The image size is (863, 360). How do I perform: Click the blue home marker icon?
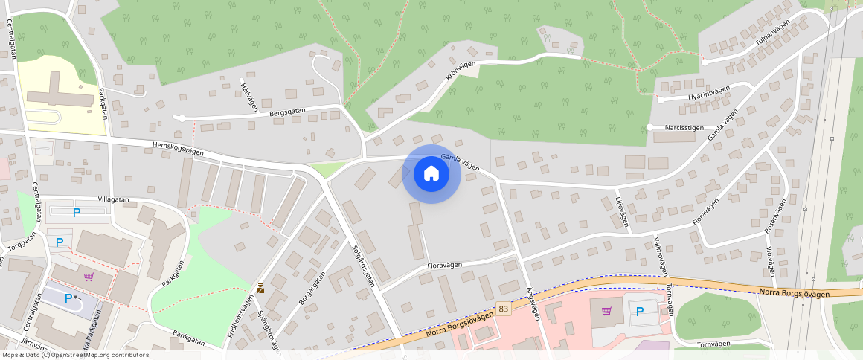[431, 174]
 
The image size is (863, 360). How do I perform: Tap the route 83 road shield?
[504, 308]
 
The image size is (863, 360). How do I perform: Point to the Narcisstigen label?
[684, 127]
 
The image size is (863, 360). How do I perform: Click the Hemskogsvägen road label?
[177, 149]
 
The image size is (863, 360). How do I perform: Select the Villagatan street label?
[114, 200]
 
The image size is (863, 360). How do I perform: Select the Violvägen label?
[769, 260]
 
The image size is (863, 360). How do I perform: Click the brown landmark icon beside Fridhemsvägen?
[260, 288]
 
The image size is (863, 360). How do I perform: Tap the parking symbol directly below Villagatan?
[77, 213]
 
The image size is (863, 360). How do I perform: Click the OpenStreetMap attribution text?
[75, 355]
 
